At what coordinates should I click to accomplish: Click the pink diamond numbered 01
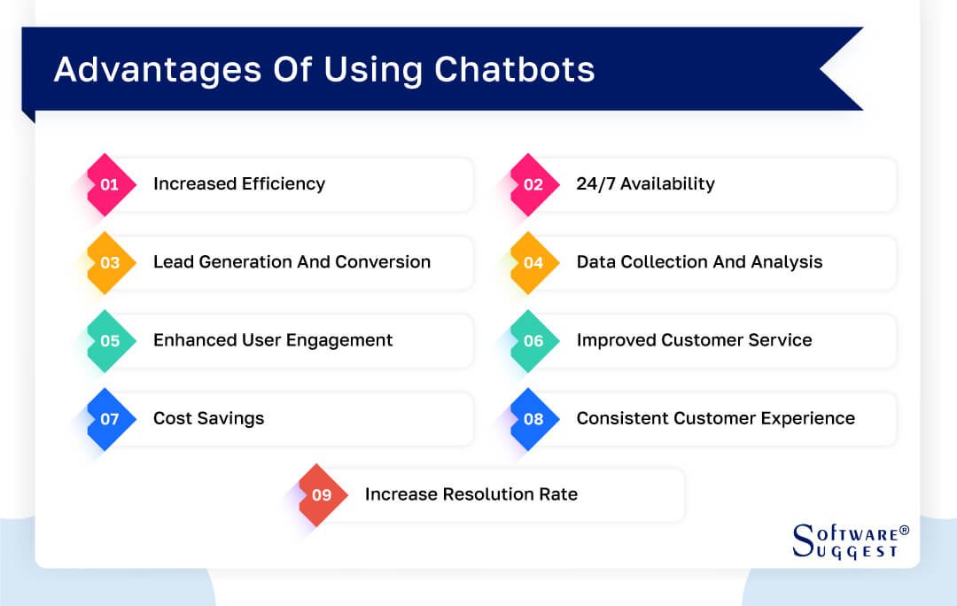coord(111,185)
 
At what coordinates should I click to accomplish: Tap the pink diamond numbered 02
coord(534,185)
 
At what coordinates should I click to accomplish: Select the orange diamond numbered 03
coord(111,263)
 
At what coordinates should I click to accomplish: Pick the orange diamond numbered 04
coord(534,263)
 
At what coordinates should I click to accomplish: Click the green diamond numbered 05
coord(111,341)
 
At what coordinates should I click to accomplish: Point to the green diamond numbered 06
coord(534,341)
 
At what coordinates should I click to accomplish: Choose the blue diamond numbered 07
coord(111,419)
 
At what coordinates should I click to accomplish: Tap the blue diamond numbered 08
coord(534,419)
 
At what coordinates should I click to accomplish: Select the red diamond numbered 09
coord(323,495)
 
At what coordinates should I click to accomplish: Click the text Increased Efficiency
coord(239,184)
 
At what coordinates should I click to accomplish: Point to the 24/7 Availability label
coord(645,184)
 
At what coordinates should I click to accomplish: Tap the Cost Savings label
coord(208,418)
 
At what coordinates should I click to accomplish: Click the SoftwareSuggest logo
coord(850,540)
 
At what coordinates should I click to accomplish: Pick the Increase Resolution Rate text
coord(471,494)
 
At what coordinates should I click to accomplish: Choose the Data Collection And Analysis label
coord(699,262)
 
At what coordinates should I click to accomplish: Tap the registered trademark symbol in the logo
coord(904,530)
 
